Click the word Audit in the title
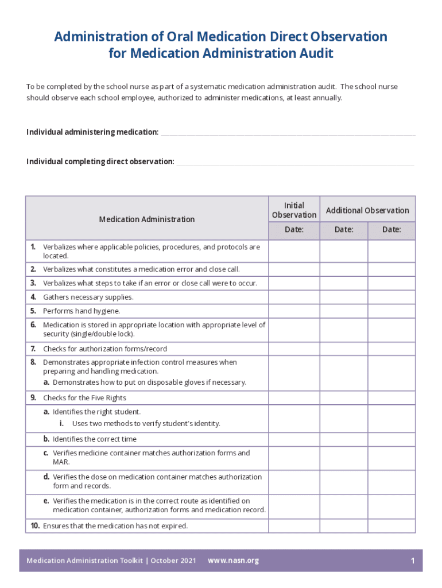pos(315,53)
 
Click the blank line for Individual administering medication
pos(288,133)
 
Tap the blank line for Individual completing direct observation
pos(295,163)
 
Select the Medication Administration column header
pos(146,219)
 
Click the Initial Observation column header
pos(294,210)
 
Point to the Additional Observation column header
pos(367,210)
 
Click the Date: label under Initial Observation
pos(294,230)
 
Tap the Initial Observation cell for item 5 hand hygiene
pos(294,311)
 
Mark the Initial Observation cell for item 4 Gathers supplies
pos(294,297)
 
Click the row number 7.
pos(33,349)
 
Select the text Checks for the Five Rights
pos(84,397)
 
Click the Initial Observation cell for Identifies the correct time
pos(294,439)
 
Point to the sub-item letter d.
pos(46,477)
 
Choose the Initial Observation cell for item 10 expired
pos(294,526)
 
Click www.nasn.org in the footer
pos(233,560)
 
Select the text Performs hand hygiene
pos(82,311)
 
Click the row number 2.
pos(33,269)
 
